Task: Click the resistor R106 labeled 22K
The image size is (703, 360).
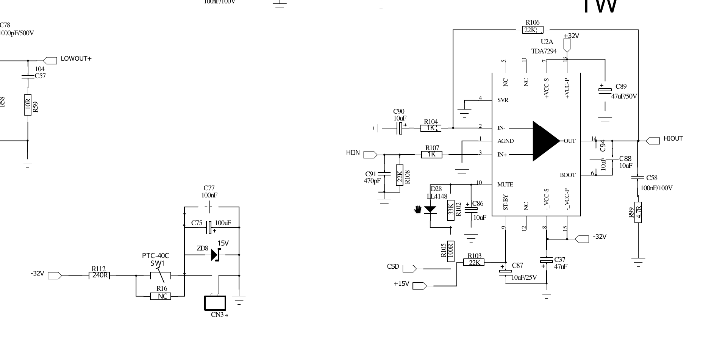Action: click(x=533, y=30)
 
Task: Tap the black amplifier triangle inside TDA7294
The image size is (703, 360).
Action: click(x=544, y=141)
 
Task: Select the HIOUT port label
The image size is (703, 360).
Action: click(x=673, y=139)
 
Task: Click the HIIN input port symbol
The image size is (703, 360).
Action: click(x=370, y=155)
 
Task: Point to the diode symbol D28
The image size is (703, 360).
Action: click(x=430, y=210)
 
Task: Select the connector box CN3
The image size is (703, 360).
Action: click(x=215, y=303)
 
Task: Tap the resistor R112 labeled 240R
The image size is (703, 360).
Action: click(x=100, y=275)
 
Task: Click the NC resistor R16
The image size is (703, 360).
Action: click(x=161, y=296)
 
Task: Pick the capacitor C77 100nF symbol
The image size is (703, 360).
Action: click(x=209, y=207)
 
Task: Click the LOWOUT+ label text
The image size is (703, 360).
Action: click(x=76, y=59)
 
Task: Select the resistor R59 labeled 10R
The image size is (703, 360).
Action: click(x=28, y=105)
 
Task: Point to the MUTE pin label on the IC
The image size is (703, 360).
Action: click(x=505, y=185)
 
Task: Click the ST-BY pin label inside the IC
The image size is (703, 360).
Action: click(x=506, y=203)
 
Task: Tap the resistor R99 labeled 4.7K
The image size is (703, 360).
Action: click(x=638, y=212)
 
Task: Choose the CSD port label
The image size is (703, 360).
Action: click(x=393, y=266)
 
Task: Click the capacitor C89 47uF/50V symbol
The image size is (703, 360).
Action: click(x=605, y=90)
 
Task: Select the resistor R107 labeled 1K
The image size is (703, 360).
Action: click(x=432, y=154)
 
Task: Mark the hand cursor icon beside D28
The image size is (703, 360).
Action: click(x=418, y=209)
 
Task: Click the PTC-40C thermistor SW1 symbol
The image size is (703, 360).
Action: click(x=161, y=275)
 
